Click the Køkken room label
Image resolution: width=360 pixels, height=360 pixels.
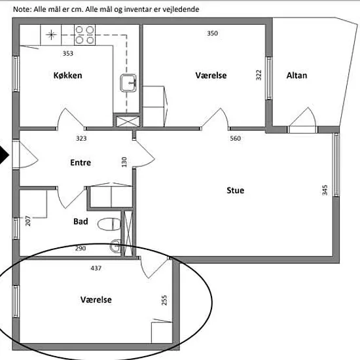(x=67, y=75)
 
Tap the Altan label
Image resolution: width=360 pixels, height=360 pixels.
(x=297, y=75)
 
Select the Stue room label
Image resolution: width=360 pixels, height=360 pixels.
(x=236, y=190)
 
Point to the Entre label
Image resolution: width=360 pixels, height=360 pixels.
(x=81, y=162)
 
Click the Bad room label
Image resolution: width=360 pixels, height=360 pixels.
(x=81, y=221)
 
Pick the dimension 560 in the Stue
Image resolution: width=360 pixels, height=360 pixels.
(x=236, y=138)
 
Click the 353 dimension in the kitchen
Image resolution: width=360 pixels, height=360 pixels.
(x=68, y=53)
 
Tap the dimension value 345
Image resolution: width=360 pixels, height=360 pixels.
(x=325, y=190)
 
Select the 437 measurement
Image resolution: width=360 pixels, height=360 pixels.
(x=96, y=268)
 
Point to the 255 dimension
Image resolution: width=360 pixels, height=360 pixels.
(x=164, y=300)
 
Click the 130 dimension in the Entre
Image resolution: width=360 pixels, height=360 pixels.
(x=124, y=162)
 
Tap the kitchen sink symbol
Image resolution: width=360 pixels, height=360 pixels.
(x=128, y=83)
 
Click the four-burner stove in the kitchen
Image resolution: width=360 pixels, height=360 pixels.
(x=84, y=35)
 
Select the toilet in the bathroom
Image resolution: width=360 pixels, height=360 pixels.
(x=109, y=225)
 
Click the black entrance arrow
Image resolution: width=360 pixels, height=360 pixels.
(x=4, y=155)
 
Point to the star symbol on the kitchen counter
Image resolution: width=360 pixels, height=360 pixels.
(x=51, y=35)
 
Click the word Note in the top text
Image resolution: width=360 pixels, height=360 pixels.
(x=22, y=9)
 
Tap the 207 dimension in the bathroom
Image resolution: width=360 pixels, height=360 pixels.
(x=27, y=221)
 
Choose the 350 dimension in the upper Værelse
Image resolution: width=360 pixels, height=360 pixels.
(x=212, y=33)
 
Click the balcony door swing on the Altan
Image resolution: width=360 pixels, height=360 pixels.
(x=303, y=117)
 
